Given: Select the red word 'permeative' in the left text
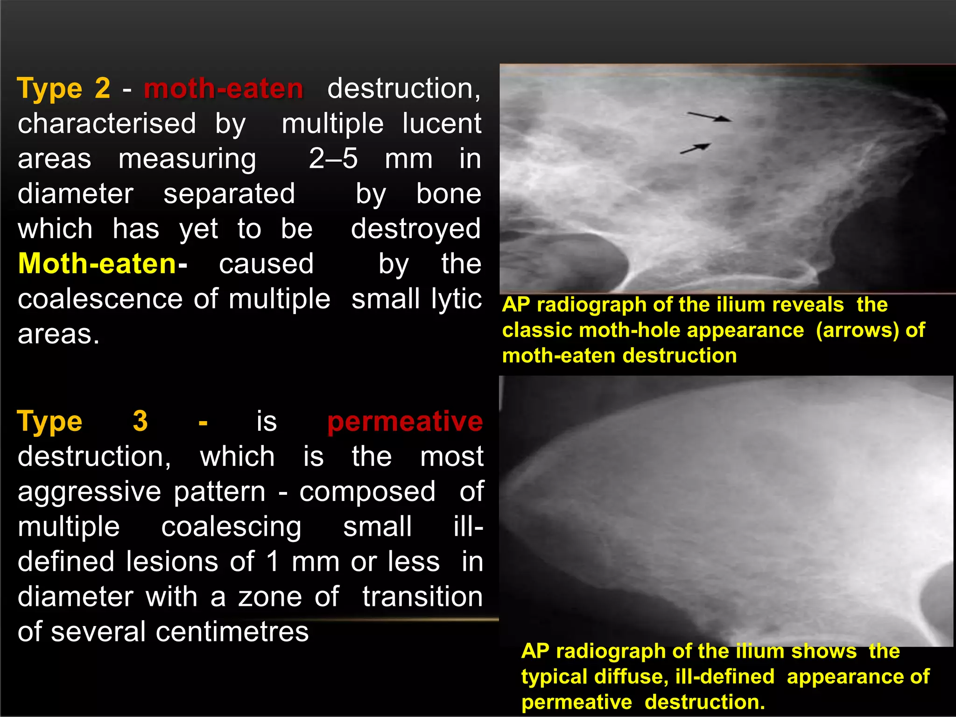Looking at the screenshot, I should pos(405,421).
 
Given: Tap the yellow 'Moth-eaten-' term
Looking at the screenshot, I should pos(102,264).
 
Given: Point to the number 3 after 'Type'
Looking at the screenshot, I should pos(140,421).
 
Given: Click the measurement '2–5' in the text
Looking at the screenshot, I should pos(333,159).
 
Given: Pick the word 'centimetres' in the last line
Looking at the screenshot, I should pos(232,632).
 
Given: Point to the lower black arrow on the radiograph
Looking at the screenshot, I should pos(696,148).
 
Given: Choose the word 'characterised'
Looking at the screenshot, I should pos(107,124).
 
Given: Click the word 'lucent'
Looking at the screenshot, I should pos(442,124).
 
